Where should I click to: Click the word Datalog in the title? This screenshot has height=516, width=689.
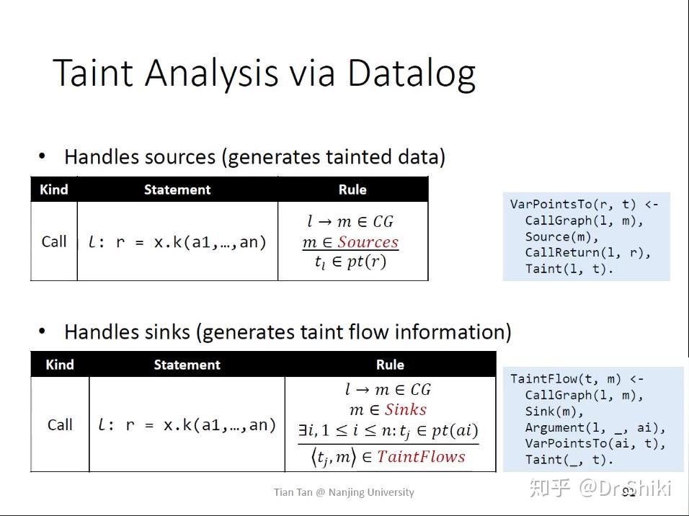pos(411,74)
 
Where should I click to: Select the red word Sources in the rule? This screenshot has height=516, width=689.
pos(368,242)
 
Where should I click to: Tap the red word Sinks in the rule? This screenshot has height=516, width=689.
pos(406,410)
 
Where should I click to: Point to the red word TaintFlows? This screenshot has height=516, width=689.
pos(421,457)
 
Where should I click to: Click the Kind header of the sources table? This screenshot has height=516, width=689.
pos(54,190)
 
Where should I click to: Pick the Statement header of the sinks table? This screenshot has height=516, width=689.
pos(187,365)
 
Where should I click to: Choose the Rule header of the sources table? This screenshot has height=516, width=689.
pos(352,190)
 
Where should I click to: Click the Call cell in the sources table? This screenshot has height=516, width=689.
pos(54,241)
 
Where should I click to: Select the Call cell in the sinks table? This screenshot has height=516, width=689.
pos(60,424)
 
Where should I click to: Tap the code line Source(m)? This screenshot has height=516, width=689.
pos(561,236)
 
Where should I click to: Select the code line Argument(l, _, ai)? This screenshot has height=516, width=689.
pos(595,427)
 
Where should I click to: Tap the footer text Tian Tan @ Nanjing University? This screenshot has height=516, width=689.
pos(344,492)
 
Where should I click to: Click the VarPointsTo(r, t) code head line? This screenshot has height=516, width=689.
pos(584,205)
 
